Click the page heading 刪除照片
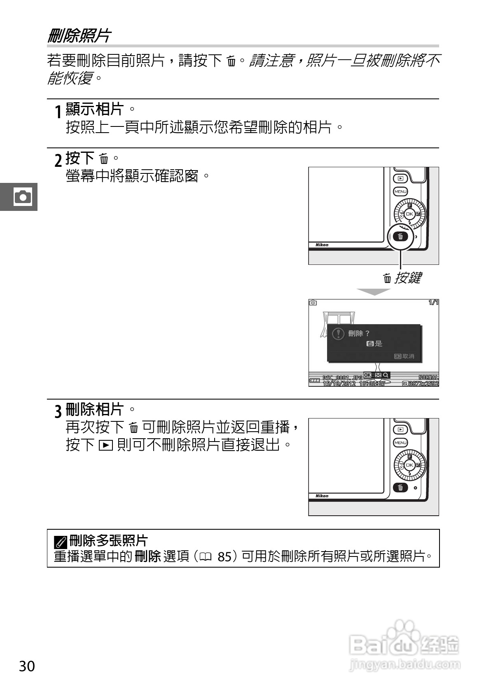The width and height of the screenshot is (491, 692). click(x=79, y=36)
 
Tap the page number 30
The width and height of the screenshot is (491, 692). click(x=27, y=666)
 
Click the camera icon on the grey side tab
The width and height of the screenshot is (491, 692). click(x=22, y=197)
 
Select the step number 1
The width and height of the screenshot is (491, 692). click(x=58, y=111)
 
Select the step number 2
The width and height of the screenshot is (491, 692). click(x=58, y=159)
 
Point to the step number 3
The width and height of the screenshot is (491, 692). click(x=58, y=411)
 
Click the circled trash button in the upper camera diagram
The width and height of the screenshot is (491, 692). click(x=400, y=236)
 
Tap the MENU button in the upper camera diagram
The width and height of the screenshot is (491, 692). click(x=400, y=192)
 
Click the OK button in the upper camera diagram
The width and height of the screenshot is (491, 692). click(x=409, y=214)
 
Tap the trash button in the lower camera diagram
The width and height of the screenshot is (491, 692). click(x=400, y=488)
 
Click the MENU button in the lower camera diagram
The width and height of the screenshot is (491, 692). click(x=400, y=443)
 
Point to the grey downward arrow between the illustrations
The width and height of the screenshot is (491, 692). click(x=373, y=292)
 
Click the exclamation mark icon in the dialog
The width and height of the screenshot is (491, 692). click(x=338, y=334)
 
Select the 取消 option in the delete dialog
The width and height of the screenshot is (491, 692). click(x=404, y=356)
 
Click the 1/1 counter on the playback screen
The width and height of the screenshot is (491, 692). click(x=433, y=303)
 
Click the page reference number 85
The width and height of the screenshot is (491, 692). click(x=225, y=557)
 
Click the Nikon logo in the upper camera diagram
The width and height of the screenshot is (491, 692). click(x=322, y=245)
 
